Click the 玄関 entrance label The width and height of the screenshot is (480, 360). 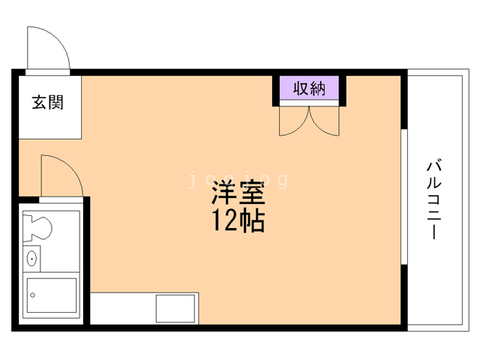tap(48, 102)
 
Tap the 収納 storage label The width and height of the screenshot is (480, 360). tap(309, 88)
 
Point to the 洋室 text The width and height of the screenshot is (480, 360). tap(238, 193)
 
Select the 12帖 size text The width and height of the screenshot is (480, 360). tap(238, 220)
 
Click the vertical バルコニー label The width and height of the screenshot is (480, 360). tap(434, 199)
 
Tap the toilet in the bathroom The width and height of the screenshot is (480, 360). tap(37, 228)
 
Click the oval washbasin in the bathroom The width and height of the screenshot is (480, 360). tap(31, 259)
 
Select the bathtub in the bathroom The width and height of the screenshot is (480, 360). tap(52, 295)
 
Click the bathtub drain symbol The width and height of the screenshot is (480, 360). tap(32, 295)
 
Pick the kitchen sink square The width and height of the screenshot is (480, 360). tap(175, 308)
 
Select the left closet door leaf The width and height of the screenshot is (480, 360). tap(294, 121)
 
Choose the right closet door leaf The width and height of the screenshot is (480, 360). tap(325, 121)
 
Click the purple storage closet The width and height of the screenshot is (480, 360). tap(309, 88)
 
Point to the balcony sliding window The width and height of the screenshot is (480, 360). tap(404, 196)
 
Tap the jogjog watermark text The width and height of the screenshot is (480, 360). tap(238, 180)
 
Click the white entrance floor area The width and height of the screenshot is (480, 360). tap(50, 107)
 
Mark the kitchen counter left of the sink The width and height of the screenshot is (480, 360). tap(123, 308)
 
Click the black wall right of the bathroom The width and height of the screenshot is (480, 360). tap(87, 261)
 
